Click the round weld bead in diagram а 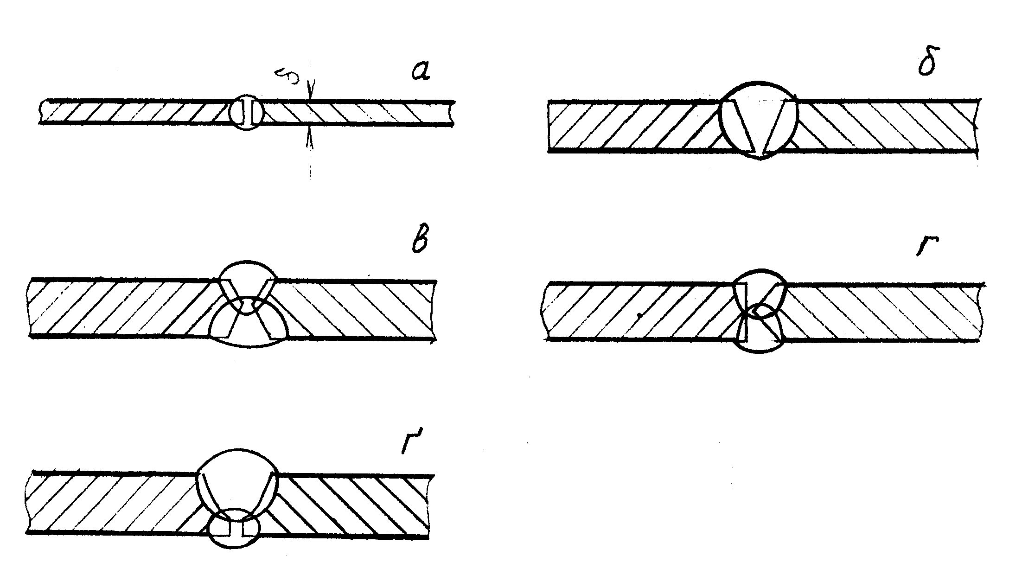(247, 112)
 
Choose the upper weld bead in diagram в (247, 285)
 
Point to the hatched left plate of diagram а (134, 112)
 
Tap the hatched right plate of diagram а (357, 112)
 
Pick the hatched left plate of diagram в (116, 308)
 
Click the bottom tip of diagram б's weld (759, 159)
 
